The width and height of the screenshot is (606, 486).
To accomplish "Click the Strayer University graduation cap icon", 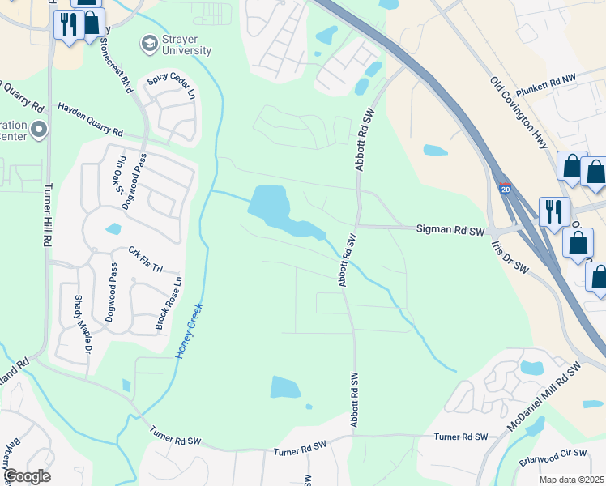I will coord(149,42).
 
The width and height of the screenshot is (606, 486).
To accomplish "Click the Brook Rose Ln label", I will coord(169,305).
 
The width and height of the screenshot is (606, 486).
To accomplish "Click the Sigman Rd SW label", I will coord(450,231).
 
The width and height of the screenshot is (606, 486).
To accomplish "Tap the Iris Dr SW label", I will coord(510,258).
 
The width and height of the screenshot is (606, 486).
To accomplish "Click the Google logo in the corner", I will coord(28,476).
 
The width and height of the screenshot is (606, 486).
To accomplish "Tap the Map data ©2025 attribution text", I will coord(571,480).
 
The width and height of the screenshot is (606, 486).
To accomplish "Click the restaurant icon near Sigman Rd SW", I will coord(554,211).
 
